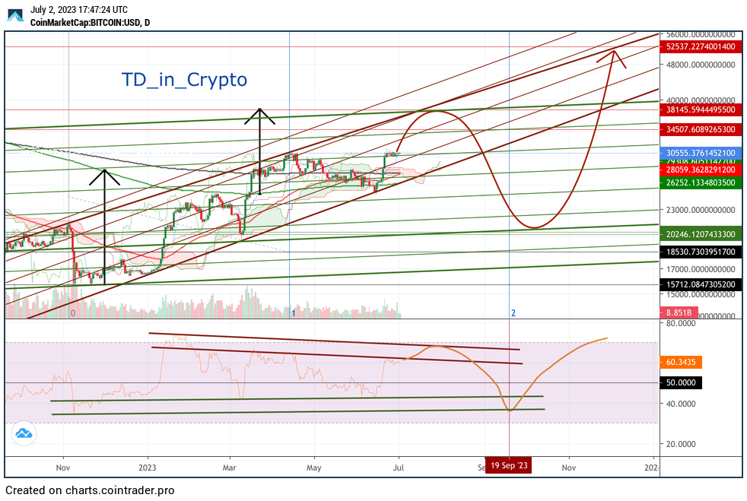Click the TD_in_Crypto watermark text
(x=185, y=79)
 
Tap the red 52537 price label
(x=700, y=46)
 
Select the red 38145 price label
(x=700, y=109)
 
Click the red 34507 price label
(x=700, y=129)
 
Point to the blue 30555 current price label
(x=700, y=152)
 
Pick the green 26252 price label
(x=700, y=182)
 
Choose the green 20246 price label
(x=700, y=234)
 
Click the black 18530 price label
(x=700, y=251)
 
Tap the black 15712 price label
(x=700, y=284)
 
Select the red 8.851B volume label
(x=678, y=312)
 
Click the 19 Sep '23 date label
(x=509, y=465)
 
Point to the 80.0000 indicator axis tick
(x=682, y=323)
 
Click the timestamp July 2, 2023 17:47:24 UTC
(x=79, y=10)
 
